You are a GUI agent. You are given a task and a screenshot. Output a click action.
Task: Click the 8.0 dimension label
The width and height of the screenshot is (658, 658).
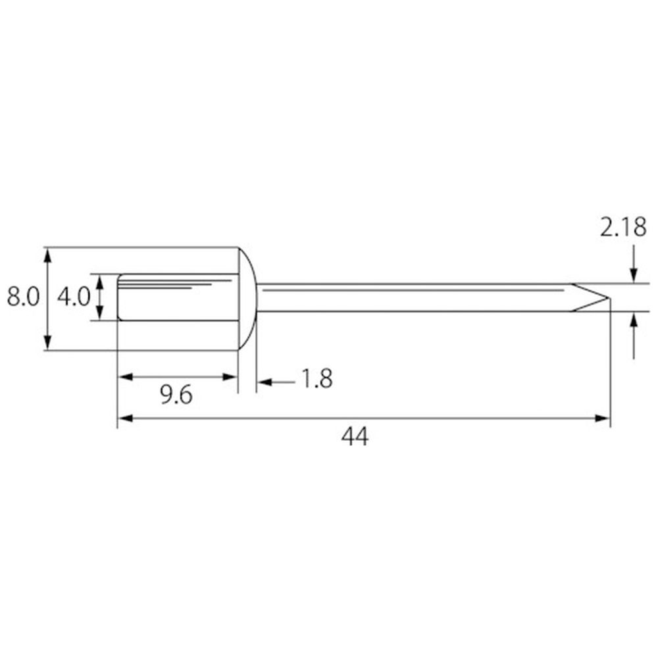pyautogui.click(x=23, y=297)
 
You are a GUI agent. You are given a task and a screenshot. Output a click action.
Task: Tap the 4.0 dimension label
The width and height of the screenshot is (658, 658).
pyautogui.click(x=74, y=297)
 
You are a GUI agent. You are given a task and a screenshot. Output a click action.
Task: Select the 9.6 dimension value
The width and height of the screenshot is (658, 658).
pyautogui.click(x=176, y=395)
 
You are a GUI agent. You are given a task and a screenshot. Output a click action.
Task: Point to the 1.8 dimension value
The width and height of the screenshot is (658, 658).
pyautogui.click(x=317, y=378)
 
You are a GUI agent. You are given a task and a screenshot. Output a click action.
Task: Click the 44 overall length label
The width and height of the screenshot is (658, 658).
pyautogui.click(x=355, y=436)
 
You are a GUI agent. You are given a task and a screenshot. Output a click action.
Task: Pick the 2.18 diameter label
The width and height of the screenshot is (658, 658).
pyautogui.click(x=623, y=228)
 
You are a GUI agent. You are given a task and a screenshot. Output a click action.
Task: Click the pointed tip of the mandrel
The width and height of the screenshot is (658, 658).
pyautogui.click(x=609, y=298)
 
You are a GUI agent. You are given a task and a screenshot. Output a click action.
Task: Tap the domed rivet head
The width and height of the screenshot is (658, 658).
pyautogui.click(x=247, y=298)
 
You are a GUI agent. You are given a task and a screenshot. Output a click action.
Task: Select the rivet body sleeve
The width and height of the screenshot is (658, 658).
pyautogui.click(x=178, y=297)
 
